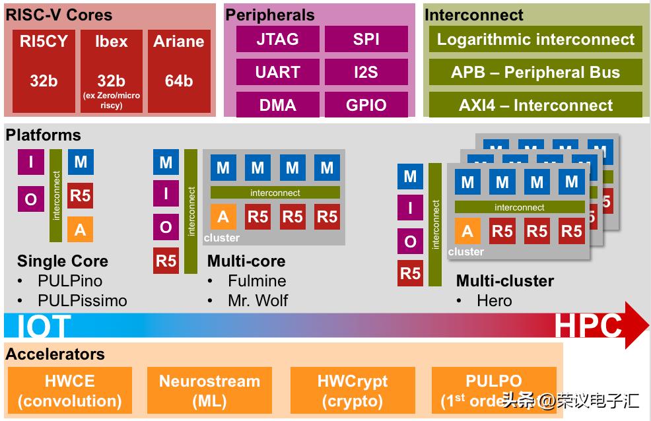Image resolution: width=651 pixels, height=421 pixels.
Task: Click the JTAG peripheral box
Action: pos(277,40)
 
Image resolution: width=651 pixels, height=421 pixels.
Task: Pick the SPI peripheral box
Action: pos(366,40)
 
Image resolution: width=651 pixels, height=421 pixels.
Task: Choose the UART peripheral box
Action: pos(277,72)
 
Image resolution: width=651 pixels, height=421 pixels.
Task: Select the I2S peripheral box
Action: pos(366,72)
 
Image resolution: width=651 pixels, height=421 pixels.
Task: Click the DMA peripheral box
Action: pos(277,105)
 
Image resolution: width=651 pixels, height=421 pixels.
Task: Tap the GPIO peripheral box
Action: pos(366,105)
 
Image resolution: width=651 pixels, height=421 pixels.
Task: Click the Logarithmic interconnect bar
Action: pos(535,40)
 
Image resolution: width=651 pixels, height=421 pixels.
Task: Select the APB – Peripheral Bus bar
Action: pos(535,72)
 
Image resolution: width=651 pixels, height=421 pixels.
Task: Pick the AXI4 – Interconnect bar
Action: pos(535,105)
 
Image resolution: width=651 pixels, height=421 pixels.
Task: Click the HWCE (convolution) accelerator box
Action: pos(69,391)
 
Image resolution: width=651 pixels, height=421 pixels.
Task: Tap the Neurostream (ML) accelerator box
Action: pos(209,391)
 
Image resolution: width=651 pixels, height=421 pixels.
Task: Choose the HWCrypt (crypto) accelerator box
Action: pos(353,391)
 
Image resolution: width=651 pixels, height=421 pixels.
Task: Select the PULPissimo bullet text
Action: pos(82,300)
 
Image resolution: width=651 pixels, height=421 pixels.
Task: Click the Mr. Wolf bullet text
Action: pos(257,300)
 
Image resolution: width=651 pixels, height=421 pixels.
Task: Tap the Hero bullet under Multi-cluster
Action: pos(494,300)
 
